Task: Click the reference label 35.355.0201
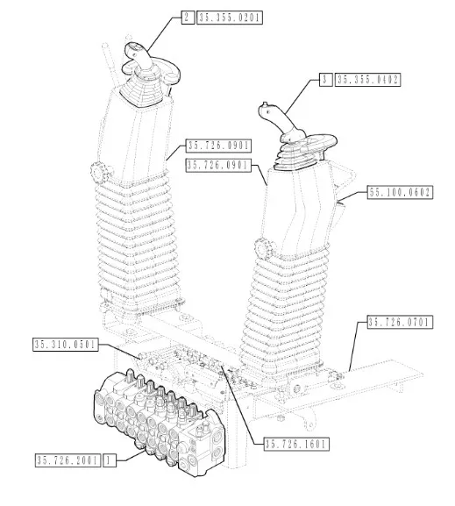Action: pyautogui.click(x=230, y=18)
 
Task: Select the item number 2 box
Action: pyautogui.click(x=188, y=18)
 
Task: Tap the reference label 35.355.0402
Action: pyautogui.click(x=367, y=80)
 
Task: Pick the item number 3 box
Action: pyautogui.click(x=326, y=80)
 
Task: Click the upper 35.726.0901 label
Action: pyautogui.click(x=218, y=146)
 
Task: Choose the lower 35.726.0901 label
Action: pyautogui.click(x=218, y=165)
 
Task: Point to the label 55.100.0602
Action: pyautogui.click(x=400, y=192)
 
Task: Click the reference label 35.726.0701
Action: pyautogui.click(x=400, y=322)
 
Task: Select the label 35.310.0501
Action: pyautogui.click(x=66, y=345)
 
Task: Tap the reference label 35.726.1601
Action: pyautogui.click(x=296, y=444)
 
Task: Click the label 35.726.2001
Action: pyautogui.click(x=68, y=460)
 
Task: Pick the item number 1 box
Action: pyautogui.click(x=110, y=460)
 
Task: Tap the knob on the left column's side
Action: pyautogui.click(x=100, y=173)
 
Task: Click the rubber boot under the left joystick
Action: pyautogui.click(x=144, y=91)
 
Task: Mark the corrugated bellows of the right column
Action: pyautogui.click(x=284, y=310)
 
